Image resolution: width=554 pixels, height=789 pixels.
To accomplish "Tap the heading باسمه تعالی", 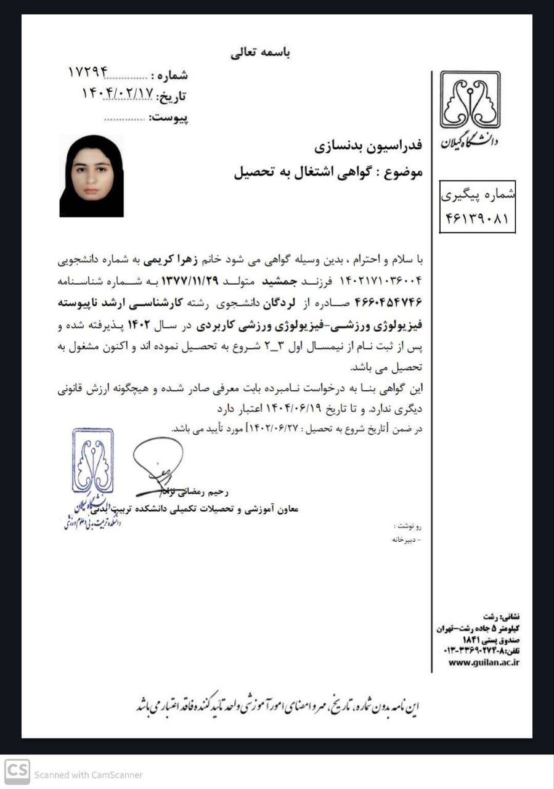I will pos(261,53).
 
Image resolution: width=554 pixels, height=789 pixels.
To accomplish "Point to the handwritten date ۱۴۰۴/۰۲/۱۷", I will pos(117,94).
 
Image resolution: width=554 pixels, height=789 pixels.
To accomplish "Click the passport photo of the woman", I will pos(91,176).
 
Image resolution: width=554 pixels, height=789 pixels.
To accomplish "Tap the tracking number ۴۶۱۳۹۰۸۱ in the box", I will pos(477,218).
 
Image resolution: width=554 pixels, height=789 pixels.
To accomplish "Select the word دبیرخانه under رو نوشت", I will pos(407,540).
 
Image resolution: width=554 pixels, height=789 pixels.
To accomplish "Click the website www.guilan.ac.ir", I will pos(484,663).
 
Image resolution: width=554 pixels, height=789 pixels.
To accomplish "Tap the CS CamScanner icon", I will pos(17,774).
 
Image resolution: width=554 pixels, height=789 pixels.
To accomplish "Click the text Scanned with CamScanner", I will pos(88,775).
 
